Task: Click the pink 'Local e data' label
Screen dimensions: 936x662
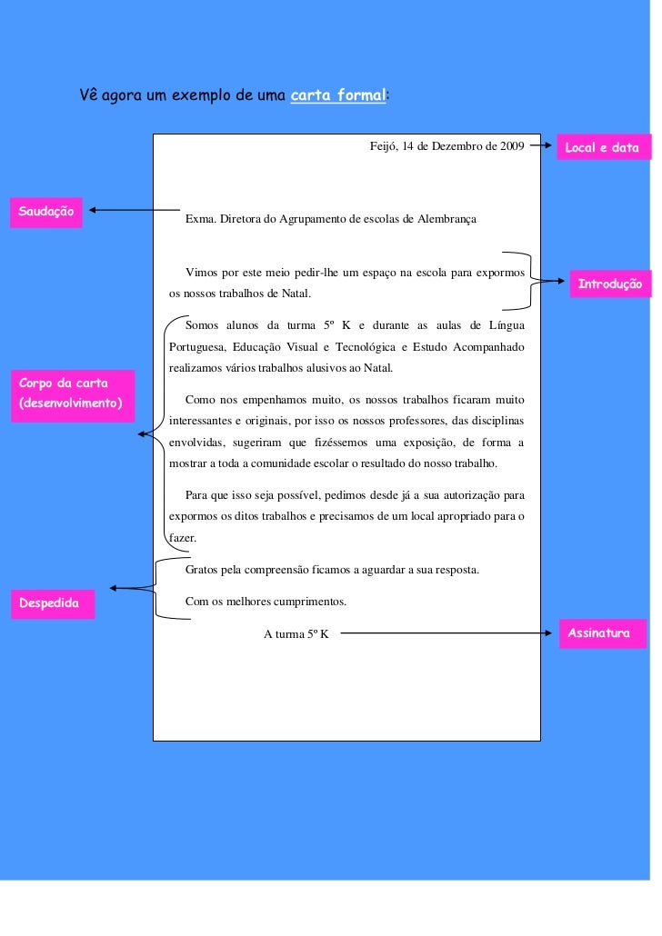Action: (602, 147)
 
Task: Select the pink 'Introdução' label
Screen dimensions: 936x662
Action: (610, 284)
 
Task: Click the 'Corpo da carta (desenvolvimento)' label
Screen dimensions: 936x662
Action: (71, 394)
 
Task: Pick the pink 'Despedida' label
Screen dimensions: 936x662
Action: (51, 603)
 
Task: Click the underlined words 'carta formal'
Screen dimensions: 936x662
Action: (337, 95)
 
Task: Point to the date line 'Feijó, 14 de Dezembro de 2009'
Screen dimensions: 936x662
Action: (446, 145)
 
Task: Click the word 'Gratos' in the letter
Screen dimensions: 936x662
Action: (203, 570)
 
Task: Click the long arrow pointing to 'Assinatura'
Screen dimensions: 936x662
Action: (446, 633)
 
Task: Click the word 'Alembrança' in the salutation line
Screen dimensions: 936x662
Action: (445, 219)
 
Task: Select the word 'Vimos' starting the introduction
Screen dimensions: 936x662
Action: (202, 273)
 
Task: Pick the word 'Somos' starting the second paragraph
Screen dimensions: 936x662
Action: (203, 324)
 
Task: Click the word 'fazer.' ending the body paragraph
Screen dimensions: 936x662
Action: (183, 537)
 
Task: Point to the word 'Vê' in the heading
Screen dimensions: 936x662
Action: (88, 95)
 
